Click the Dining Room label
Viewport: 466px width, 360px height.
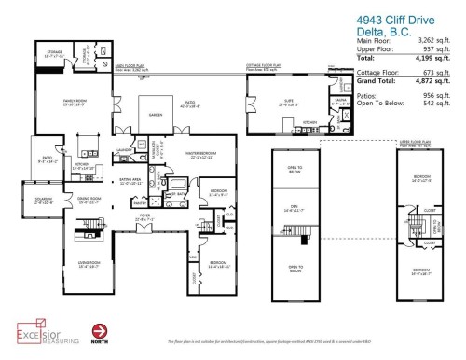click(88, 200)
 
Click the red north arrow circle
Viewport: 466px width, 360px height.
click(99, 330)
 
